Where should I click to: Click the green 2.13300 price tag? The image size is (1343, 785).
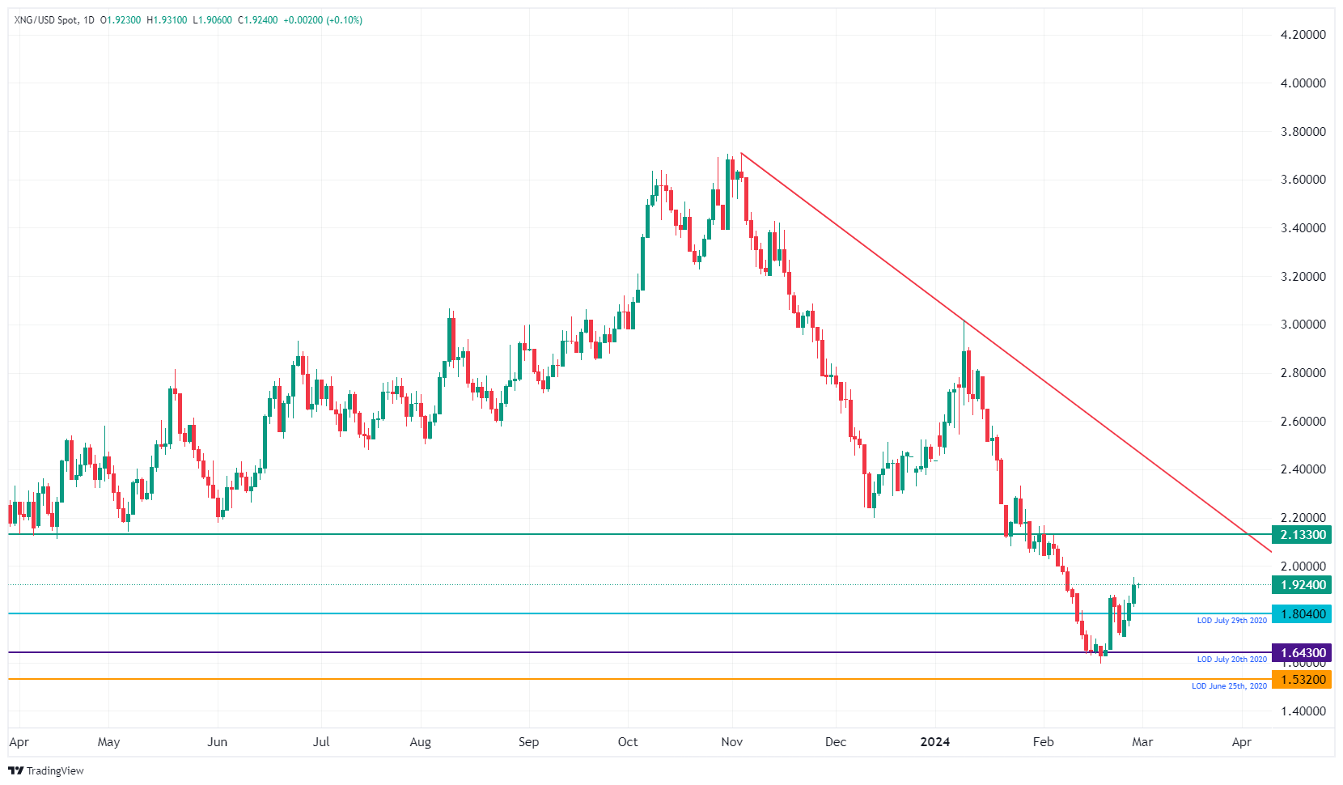1302,535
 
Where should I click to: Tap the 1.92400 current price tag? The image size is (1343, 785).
1302,585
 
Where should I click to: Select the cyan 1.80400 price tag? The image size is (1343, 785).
1302,614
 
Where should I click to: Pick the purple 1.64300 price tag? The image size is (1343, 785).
1302,653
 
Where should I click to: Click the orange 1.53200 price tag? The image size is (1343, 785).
1302,680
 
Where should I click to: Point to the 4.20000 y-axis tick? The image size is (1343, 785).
1303,35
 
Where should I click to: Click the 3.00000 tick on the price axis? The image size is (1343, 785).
1303,325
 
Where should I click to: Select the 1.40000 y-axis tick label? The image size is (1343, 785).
1303,711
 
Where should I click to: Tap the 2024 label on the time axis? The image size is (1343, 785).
935,742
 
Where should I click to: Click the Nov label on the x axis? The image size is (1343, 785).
731,742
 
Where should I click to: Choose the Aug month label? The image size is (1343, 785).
420,742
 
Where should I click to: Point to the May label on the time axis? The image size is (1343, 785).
108,742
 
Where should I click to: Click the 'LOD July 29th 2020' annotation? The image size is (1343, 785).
1231,621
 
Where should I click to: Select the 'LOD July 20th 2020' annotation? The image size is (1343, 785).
1231,660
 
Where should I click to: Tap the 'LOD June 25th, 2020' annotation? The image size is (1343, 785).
1229,686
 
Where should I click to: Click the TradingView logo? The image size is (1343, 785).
46,770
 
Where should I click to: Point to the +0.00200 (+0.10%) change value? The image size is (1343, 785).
322,20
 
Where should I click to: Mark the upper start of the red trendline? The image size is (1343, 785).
741,153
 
